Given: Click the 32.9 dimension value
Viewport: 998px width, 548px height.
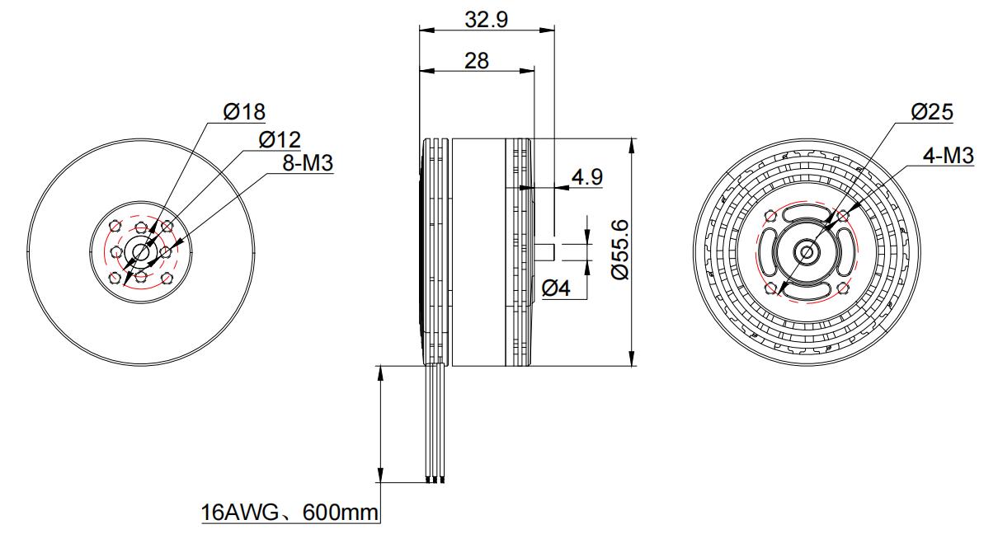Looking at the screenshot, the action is pyautogui.click(x=486, y=20).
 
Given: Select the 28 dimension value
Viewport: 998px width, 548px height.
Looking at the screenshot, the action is pyautogui.click(x=476, y=60).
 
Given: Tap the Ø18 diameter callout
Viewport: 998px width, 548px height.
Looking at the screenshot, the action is pyautogui.click(x=244, y=111).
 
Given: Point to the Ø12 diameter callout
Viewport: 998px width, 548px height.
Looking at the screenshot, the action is pyautogui.click(x=280, y=140).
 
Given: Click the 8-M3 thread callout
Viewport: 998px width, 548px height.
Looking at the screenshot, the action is pyautogui.click(x=308, y=163).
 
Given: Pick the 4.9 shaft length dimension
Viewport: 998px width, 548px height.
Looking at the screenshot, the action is pyautogui.click(x=587, y=176).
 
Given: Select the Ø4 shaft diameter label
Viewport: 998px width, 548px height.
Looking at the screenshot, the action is pyautogui.click(x=556, y=288).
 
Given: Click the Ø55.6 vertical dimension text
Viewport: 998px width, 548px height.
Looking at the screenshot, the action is pyautogui.click(x=619, y=250).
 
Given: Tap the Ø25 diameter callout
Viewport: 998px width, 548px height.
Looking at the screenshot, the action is pyautogui.click(x=932, y=111).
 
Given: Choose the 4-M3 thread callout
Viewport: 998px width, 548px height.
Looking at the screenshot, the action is pyautogui.click(x=949, y=156).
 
